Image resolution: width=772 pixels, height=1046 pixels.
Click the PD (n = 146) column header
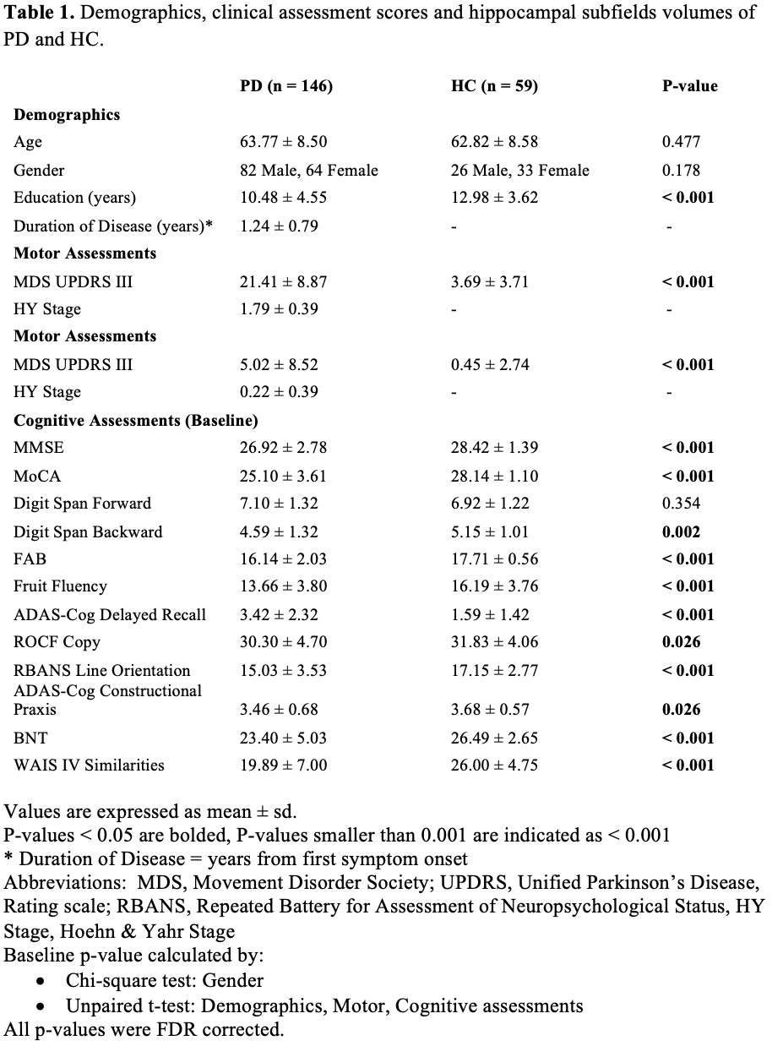pos(286,85)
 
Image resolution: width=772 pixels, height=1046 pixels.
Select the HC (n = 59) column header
pos(494,85)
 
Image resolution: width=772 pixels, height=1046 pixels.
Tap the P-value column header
pos(689,85)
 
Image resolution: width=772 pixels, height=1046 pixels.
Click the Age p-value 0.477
pos(682,142)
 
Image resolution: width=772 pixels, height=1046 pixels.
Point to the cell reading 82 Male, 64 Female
pos(309,170)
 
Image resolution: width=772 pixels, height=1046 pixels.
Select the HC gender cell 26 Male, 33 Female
pos(519,170)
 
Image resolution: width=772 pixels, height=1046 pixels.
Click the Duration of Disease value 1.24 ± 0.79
pos(279,226)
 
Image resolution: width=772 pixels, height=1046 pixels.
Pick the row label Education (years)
pos(74,198)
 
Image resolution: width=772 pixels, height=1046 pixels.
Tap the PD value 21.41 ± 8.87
pos(283,281)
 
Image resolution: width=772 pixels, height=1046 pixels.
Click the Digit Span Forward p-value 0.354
pos(682,504)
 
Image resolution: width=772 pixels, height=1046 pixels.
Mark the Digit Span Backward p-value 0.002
pos(682,531)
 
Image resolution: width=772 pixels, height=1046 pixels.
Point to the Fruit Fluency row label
pos(60,586)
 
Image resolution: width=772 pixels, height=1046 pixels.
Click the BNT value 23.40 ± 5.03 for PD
pos(283,738)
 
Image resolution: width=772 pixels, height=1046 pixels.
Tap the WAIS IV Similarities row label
pos(89,765)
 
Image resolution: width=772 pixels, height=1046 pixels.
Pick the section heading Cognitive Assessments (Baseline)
pos(136,420)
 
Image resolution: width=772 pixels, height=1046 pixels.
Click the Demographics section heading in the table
pos(67,115)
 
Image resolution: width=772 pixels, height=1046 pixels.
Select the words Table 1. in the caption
pos(41,14)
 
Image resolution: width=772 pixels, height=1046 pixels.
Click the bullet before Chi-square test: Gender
pos(42,982)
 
